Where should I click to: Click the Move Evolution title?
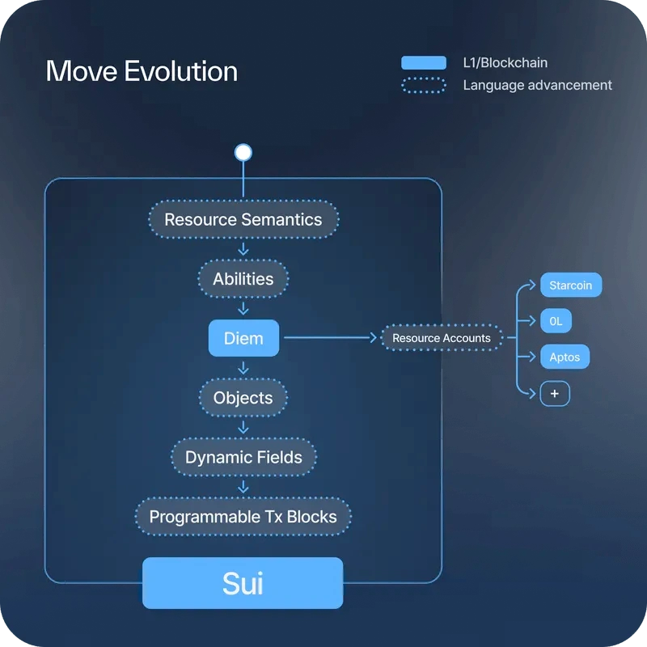[x=142, y=71]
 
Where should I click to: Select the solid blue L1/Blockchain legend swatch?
[x=423, y=63]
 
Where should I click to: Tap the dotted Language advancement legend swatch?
[x=423, y=86]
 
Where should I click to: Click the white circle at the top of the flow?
[x=243, y=152]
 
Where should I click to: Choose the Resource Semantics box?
[x=243, y=219]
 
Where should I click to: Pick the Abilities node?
[x=243, y=279]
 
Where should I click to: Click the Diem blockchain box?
[x=243, y=338]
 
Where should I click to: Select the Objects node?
[x=243, y=398]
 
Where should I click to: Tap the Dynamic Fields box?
[x=243, y=457]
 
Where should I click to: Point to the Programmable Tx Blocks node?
[x=243, y=517]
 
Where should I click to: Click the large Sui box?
[x=243, y=582]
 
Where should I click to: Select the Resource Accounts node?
[x=442, y=338]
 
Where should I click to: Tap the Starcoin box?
[x=571, y=285]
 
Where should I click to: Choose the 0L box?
[x=556, y=320]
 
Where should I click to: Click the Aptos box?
[x=565, y=357]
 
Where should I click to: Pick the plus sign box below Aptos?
[x=555, y=394]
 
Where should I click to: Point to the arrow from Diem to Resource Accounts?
[x=331, y=337]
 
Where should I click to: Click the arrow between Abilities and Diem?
[x=243, y=309]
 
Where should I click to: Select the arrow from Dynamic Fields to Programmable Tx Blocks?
[x=243, y=487]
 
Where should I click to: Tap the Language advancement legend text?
[x=537, y=85]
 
